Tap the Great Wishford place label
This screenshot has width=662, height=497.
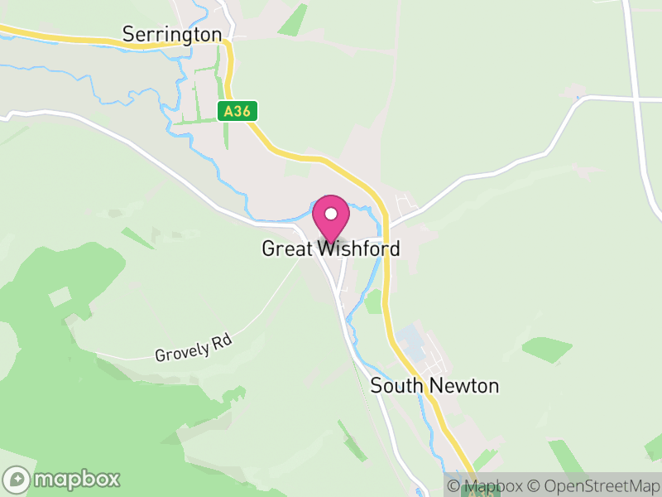(x=331, y=248)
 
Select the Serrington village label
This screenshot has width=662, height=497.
(x=172, y=34)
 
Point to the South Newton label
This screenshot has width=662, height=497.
(x=434, y=386)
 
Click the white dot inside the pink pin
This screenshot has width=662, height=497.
(x=331, y=214)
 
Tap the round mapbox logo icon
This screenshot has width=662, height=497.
(x=18, y=479)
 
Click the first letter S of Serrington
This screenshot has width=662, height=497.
(x=128, y=34)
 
